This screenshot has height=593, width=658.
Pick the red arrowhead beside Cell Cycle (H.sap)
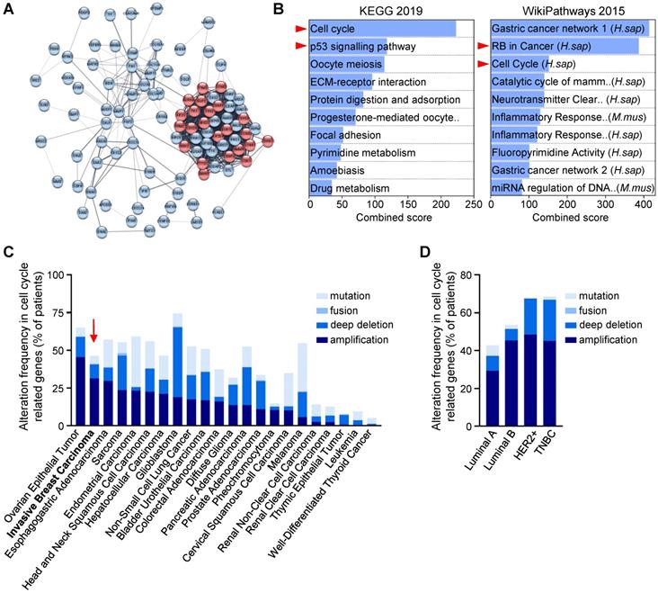(482, 64)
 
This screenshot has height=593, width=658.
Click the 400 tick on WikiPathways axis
(642, 204)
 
